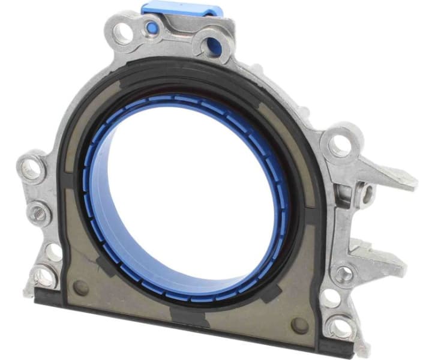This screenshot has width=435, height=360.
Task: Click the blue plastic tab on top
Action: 182,10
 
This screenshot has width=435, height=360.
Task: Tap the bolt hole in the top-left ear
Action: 122,34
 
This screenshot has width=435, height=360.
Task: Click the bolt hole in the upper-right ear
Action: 340,145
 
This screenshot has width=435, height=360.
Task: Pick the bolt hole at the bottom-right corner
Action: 340,328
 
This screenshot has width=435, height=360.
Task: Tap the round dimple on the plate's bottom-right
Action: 298,325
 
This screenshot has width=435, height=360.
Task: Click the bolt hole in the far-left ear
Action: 31,170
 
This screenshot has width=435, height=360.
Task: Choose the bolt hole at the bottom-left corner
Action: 44,277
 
